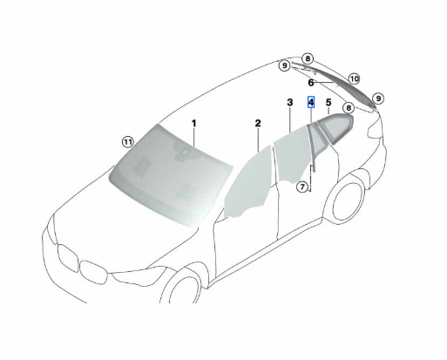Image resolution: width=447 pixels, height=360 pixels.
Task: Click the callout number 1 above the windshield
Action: pyautogui.click(x=193, y=124)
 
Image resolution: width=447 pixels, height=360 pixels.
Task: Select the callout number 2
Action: pyautogui.click(x=258, y=123)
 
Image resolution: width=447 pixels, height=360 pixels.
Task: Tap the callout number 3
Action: pyautogui.click(x=290, y=102)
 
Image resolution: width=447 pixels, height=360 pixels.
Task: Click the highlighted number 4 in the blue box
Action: pyautogui.click(x=311, y=102)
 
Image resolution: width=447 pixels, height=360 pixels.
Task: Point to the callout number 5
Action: pyautogui.click(x=328, y=102)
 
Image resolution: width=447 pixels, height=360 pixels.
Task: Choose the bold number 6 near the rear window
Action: pyautogui.click(x=311, y=83)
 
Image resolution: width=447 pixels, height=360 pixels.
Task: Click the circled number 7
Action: pyautogui.click(x=302, y=187)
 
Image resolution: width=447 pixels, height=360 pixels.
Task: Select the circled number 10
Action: pyautogui.click(x=354, y=78)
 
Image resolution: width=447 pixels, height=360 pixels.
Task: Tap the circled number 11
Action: pyautogui.click(x=127, y=142)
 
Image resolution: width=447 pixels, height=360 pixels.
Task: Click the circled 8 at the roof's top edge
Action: pyautogui.click(x=308, y=58)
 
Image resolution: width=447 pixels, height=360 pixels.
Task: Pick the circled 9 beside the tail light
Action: pyautogui.click(x=378, y=98)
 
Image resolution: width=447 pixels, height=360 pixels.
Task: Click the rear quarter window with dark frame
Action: pyautogui.click(x=337, y=127)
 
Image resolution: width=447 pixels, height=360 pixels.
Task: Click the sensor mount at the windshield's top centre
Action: pyautogui.click(x=183, y=153)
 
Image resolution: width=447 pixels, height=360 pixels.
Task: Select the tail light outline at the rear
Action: pyautogui.click(x=376, y=128)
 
